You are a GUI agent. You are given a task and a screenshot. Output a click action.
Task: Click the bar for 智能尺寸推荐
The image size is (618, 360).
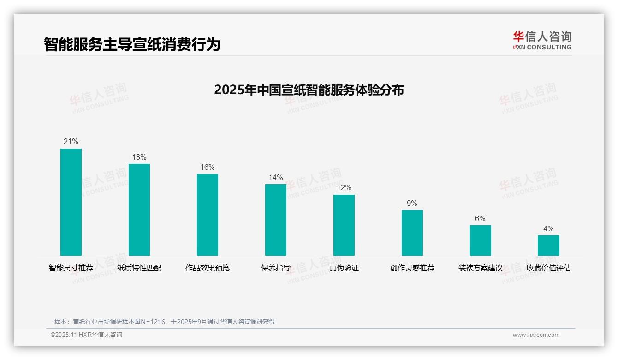pos(71,202)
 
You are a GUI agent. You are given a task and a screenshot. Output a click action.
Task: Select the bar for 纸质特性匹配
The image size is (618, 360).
pos(139,210)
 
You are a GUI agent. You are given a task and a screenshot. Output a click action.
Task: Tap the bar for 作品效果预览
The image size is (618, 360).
pos(208,215)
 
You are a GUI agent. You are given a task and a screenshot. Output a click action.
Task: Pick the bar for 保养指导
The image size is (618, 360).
pos(276,220)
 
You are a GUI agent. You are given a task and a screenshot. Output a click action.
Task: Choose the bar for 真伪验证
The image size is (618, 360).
pos(344,225)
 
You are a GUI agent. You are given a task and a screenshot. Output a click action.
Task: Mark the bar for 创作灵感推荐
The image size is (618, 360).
pos(412,233)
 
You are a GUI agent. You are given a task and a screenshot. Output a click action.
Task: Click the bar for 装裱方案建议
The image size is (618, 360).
pos(480,240)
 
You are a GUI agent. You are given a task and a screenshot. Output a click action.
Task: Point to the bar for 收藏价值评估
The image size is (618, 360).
pos(548,246)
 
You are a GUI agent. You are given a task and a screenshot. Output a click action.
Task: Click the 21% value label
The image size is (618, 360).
pos(71,142)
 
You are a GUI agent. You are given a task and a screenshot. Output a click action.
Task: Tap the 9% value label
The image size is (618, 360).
pos(412,203)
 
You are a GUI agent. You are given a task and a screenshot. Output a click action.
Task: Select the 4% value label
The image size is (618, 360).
pos(548,229)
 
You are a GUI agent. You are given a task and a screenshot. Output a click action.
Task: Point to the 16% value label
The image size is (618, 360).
pos(208,168)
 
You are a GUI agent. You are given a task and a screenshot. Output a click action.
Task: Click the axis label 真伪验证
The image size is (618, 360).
pos(344,268)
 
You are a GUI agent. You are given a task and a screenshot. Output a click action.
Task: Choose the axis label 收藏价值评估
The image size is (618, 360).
pos(548,268)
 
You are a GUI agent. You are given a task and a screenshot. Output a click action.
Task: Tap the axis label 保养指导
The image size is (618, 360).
pos(276,268)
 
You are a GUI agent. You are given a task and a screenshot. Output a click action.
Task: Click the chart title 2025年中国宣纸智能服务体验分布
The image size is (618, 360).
pos(309,90)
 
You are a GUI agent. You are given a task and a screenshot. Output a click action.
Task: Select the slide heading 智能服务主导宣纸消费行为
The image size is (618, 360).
pos(132,44)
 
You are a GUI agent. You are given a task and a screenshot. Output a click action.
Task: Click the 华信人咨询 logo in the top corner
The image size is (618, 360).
pos(542,40)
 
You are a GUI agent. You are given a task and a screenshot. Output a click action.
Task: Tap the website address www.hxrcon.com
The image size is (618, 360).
pos(536,335)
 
